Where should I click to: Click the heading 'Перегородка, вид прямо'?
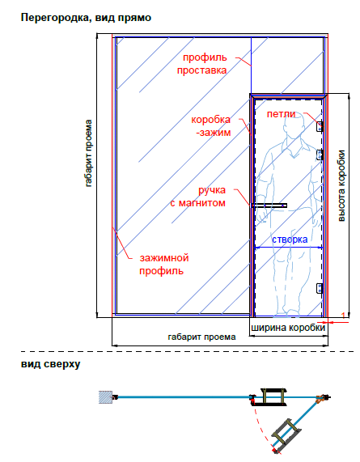point(86,18)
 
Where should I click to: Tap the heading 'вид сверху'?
point(51,364)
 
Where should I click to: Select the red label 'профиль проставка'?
point(202,64)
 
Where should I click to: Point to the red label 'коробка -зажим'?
point(211,126)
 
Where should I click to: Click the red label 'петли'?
point(281,114)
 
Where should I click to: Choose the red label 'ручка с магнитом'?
point(198,197)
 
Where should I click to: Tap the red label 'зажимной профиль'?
point(163,264)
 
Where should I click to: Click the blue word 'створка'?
point(290,239)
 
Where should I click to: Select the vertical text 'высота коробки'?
point(341,186)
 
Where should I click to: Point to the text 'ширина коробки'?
point(288,328)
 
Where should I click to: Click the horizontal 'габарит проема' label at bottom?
point(201,337)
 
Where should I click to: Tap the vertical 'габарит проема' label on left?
point(88,153)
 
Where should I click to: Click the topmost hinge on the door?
point(320,126)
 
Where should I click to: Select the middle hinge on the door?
point(320,155)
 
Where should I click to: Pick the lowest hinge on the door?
point(320,289)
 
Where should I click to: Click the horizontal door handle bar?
point(269,206)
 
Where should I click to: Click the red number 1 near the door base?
point(343,316)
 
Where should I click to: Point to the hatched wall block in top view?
point(105,397)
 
